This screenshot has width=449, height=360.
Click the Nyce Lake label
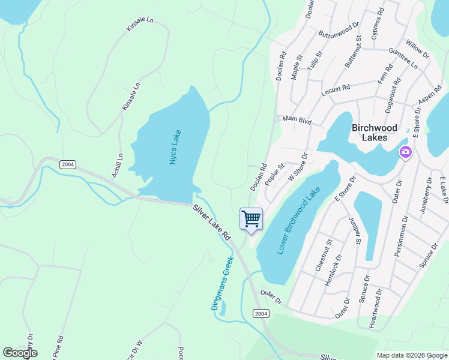[175, 148]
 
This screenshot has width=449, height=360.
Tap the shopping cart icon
[251, 218]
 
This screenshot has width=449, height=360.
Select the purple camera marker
[405, 152]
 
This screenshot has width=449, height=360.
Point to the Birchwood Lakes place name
[375, 132]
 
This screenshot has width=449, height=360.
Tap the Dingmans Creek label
[221, 283]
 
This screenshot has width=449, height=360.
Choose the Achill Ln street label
[117, 166]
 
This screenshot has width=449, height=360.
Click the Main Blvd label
[297, 121]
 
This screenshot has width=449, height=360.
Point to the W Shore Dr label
[298, 167]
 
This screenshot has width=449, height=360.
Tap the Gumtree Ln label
[403, 57]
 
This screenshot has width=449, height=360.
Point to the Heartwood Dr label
[375, 308]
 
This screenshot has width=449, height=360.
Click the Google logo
[20, 353]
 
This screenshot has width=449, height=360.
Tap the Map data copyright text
[412, 355]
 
